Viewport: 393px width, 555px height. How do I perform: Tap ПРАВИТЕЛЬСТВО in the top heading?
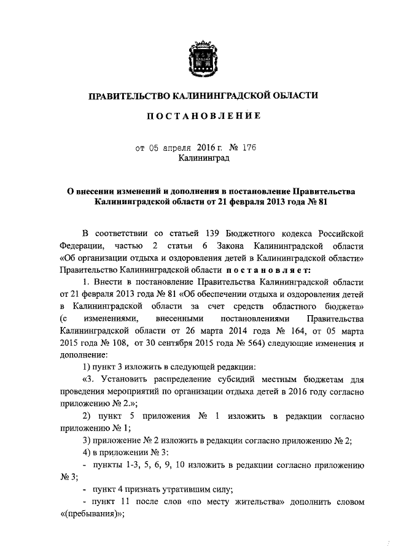[128, 95]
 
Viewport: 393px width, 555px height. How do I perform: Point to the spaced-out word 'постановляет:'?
[268, 269]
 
